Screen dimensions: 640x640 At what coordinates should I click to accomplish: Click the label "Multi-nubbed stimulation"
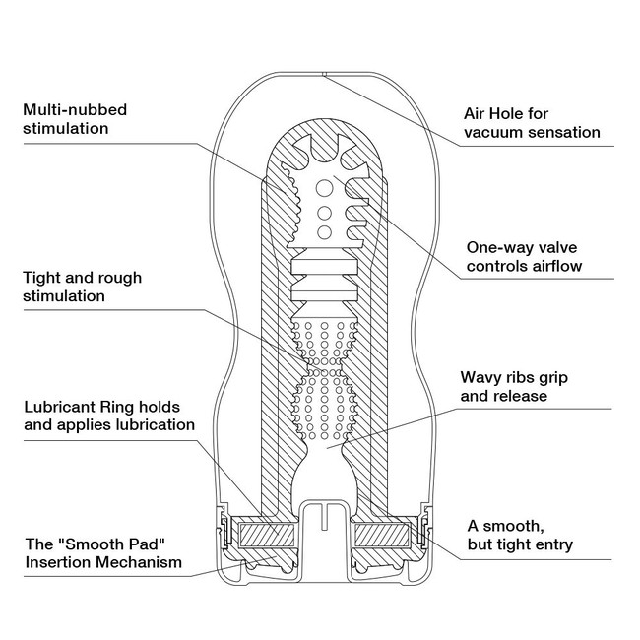[x=76, y=118]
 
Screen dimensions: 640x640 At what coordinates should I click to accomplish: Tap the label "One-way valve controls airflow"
[x=524, y=256]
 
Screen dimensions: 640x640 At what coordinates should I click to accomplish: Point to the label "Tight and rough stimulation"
[x=81, y=286]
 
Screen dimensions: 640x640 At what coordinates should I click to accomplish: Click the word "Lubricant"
[x=57, y=406]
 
